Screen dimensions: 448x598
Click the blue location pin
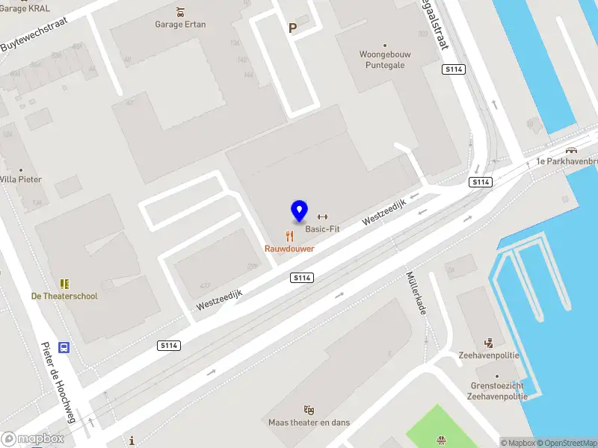click(x=299, y=211)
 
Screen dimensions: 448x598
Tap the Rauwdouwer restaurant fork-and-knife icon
click(x=289, y=236)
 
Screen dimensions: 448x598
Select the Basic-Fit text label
click(x=322, y=229)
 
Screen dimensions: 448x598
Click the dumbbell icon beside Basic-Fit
click(x=322, y=217)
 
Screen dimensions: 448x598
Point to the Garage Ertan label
click(x=180, y=24)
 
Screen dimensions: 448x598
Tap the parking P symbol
click(x=293, y=28)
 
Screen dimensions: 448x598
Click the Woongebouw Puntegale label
click(x=385, y=60)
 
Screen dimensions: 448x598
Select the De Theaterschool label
click(x=64, y=296)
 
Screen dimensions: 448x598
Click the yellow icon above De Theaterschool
click(x=64, y=284)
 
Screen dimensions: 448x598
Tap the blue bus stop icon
click(x=65, y=347)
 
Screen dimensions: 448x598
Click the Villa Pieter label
click(x=20, y=179)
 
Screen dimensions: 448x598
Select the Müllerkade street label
click(x=416, y=291)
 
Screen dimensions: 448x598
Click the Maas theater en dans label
click(x=309, y=423)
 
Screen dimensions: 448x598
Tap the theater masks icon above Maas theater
click(x=309, y=410)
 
